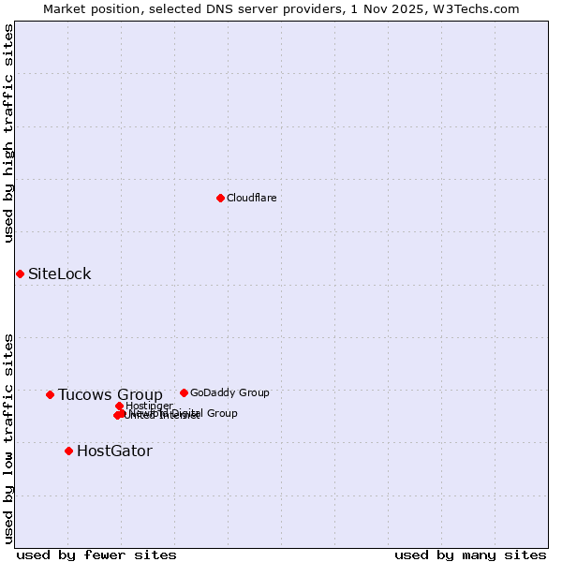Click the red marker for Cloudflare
pyautogui.click(x=220, y=198)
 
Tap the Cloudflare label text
pyautogui.click(x=251, y=198)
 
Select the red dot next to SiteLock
pyautogui.click(x=20, y=274)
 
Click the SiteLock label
pyautogui.click(x=59, y=274)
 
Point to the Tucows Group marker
pyautogui.click(x=50, y=394)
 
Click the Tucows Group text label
pyautogui.click(x=110, y=394)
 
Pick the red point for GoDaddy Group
pyautogui.click(x=184, y=392)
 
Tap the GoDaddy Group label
pyautogui.click(x=229, y=392)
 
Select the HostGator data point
pyautogui.click(x=68, y=451)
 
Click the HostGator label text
pyautogui.click(x=113, y=451)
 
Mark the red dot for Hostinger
pyautogui.click(x=119, y=406)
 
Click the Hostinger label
pyautogui.click(x=149, y=406)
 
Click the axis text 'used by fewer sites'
pyautogui.click(x=96, y=555)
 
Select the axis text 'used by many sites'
pyautogui.click(x=470, y=555)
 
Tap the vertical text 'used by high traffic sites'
pyautogui.click(x=8, y=133)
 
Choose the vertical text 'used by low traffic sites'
pyautogui.click(x=8, y=438)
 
